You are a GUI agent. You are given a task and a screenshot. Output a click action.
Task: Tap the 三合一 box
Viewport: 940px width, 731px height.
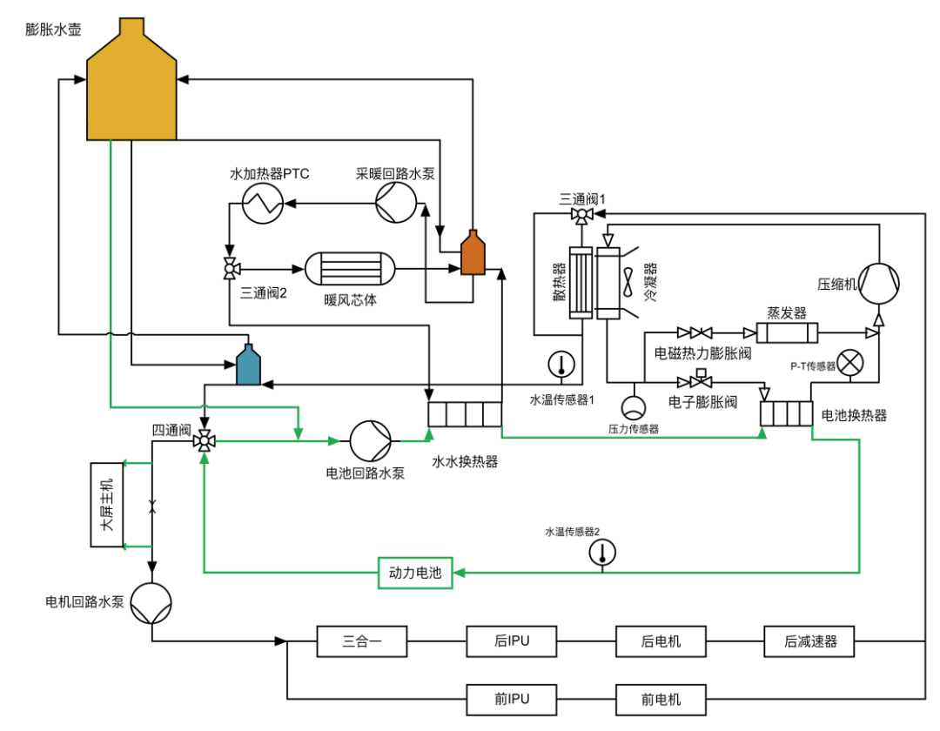(x=362, y=642)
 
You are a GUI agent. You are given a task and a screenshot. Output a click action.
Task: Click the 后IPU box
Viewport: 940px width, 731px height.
(x=512, y=642)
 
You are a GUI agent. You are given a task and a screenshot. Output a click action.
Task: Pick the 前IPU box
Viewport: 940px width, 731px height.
(x=512, y=699)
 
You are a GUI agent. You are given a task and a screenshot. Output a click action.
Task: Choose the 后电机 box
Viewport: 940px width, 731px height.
(x=661, y=642)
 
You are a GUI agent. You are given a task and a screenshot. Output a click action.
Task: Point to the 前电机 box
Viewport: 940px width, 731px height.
(x=661, y=699)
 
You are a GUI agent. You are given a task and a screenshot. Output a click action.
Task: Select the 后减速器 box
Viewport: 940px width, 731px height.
(x=809, y=642)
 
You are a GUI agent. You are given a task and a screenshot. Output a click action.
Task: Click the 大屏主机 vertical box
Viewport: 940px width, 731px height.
(x=106, y=506)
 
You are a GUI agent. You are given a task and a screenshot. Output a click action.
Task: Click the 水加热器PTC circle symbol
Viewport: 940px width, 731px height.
(x=261, y=205)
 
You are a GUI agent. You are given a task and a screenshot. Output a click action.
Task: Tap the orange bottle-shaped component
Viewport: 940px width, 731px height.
(x=472, y=253)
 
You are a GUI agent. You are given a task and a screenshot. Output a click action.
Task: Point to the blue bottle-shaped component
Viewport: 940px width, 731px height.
(x=249, y=365)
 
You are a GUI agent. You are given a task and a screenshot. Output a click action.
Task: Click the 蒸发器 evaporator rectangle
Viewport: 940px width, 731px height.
(x=787, y=332)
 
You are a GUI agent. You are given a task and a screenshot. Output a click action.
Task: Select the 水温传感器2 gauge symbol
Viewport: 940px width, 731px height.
(x=601, y=552)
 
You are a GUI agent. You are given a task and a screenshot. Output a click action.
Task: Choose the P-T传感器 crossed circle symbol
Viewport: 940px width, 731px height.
(x=849, y=360)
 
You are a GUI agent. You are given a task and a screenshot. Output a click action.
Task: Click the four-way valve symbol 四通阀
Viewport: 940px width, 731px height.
(x=205, y=441)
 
